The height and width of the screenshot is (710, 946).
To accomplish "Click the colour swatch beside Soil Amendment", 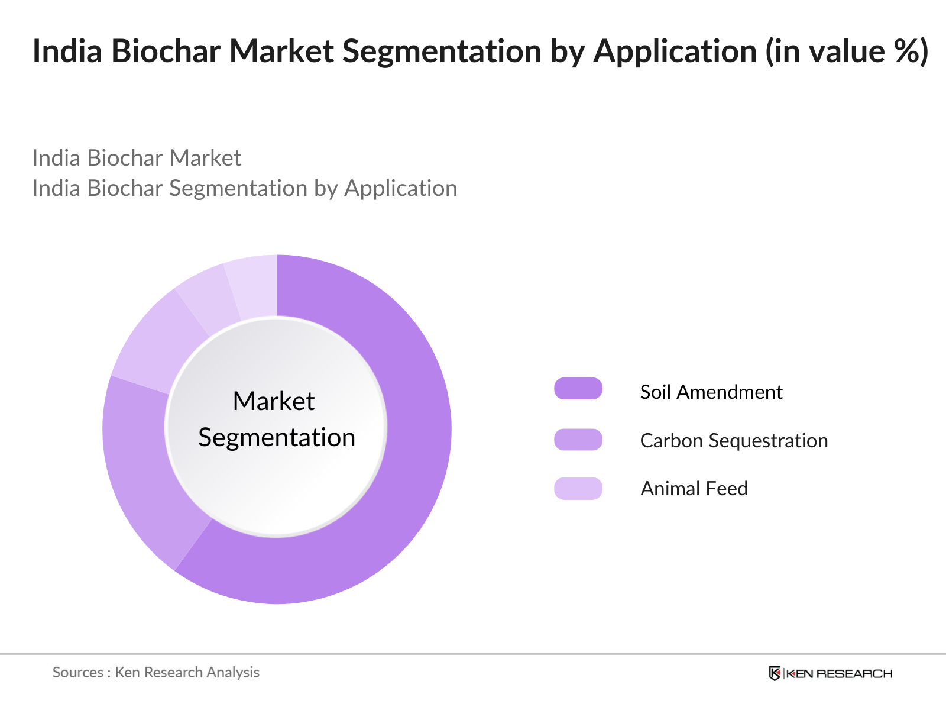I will coord(578,389).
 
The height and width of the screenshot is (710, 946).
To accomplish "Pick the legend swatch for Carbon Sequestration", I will coord(578,440).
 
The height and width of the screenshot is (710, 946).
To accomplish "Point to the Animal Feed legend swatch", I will coord(578,488).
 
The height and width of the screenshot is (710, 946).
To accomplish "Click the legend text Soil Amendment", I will coord(711,392).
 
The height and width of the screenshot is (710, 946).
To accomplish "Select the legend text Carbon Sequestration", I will coord(734,441).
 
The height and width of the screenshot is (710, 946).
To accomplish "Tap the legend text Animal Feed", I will coord(694,489).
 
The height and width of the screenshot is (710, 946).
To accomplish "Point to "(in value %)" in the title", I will coord(847,51).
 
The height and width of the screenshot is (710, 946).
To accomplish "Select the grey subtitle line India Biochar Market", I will coord(137,158).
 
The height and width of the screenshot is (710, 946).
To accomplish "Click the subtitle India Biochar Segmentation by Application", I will coord(244,188).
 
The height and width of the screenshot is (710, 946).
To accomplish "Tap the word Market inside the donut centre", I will coord(274,401).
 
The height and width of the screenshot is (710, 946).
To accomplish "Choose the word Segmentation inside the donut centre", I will coord(277,438).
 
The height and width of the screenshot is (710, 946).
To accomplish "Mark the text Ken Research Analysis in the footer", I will coord(187,672).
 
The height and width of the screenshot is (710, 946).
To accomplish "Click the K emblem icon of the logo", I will coord(775,673).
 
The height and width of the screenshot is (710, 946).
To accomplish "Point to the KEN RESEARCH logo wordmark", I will coord(840,673).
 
